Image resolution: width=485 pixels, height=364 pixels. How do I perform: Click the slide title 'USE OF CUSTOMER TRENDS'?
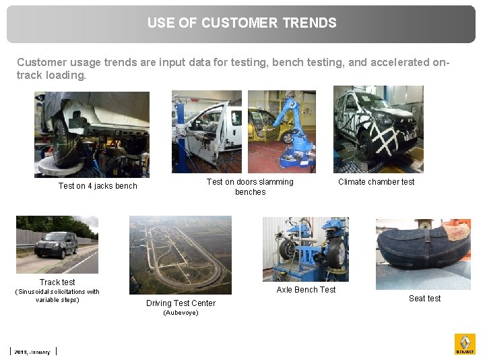[242, 23]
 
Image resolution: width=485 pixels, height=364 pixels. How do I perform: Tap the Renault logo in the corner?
[465, 344]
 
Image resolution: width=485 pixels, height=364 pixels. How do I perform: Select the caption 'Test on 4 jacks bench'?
[98, 186]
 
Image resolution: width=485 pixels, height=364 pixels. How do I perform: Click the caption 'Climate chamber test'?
[376, 182]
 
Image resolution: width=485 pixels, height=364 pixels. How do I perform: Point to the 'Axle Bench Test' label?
[306, 290]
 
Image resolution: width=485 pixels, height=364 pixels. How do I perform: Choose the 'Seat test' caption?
[424, 299]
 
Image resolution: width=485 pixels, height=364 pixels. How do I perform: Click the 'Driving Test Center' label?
[181, 303]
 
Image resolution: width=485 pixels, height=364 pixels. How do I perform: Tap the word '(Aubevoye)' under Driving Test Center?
[181, 313]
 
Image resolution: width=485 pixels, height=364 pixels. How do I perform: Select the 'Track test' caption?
[57, 282]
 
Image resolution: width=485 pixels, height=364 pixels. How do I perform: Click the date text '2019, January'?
[32, 352]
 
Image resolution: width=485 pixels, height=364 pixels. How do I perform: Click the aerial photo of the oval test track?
[180, 255]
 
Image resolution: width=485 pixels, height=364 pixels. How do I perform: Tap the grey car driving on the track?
[55, 245]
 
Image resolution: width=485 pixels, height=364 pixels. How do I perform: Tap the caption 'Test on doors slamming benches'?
[250, 187]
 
